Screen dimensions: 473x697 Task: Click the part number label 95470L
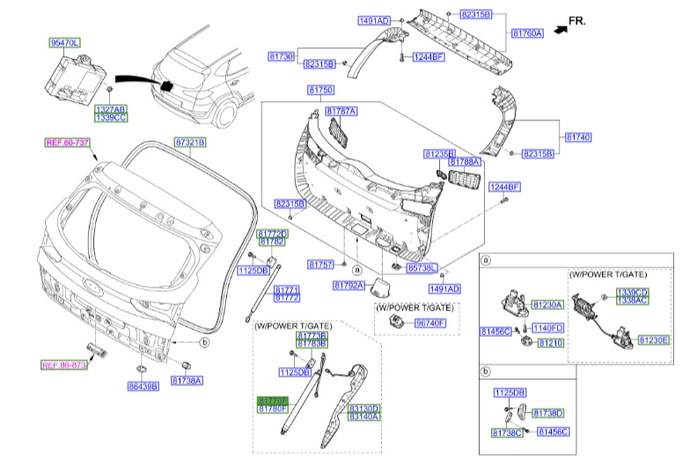pos(63,42)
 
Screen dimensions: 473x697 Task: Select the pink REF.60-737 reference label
pos(68,142)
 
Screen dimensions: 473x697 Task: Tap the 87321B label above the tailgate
pos(188,142)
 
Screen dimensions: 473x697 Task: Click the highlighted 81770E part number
pos(273,399)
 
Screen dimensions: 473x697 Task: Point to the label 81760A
pos(528,33)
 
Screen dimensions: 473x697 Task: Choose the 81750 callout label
pos(320,91)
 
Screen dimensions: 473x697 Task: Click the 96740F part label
pos(430,324)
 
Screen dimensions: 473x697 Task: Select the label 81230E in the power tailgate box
pos(654,339)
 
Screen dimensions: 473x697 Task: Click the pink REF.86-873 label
pos(65,364)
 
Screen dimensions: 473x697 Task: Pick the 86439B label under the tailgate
pos(142,385)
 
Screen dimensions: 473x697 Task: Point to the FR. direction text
pos(576,19)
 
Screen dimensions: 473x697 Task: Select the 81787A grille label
pos(341,112)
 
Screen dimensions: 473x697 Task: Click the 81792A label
pos(349,286)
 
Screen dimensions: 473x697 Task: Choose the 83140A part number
pos(363,417)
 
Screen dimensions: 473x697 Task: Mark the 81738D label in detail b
pos(548,412)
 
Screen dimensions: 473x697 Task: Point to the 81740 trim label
pos(578,138)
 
